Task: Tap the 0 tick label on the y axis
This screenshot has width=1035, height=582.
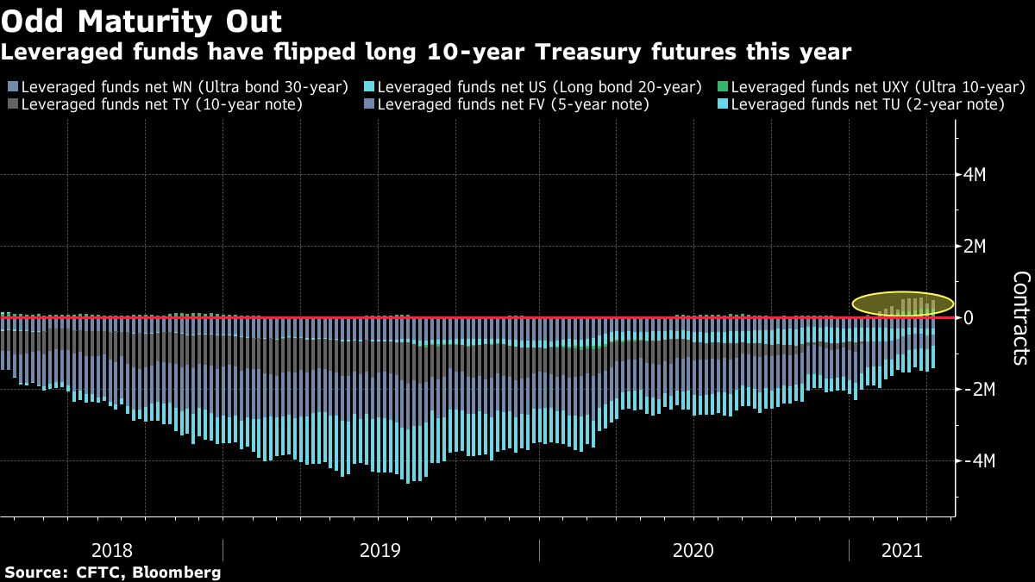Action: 969,318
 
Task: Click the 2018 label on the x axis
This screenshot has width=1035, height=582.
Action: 111,550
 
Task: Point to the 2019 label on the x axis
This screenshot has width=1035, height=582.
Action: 380,550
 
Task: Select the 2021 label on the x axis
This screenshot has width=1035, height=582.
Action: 901,550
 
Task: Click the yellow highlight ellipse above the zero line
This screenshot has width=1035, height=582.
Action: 902,304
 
